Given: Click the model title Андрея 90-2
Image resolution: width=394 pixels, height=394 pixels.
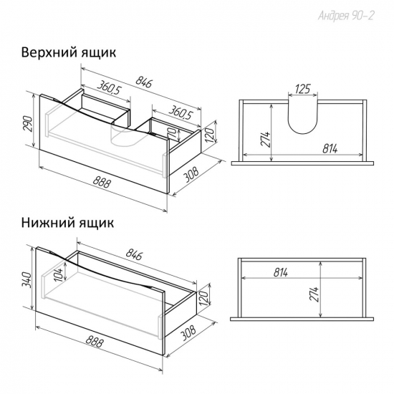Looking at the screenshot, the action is (346, 16).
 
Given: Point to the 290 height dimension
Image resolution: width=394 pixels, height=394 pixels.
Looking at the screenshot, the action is (29, 124).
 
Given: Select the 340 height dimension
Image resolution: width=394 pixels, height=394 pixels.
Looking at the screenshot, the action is (27, 280).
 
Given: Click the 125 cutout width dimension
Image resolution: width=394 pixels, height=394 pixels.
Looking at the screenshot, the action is (302, 89).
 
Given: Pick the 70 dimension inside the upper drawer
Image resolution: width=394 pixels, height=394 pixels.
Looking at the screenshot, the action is (173, 132).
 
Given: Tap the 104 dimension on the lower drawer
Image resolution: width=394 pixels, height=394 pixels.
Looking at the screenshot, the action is (59, 275).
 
